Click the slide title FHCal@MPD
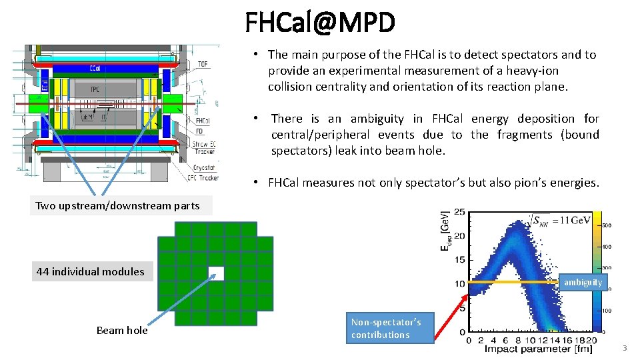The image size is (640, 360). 320,23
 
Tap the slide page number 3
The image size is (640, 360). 625,349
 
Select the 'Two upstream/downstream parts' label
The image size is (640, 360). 117,206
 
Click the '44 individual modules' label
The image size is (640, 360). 90,271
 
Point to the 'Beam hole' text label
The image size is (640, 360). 122,330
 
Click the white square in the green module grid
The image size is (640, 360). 216,273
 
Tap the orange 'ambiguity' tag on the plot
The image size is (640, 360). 583,283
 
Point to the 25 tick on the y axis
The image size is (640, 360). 460,213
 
